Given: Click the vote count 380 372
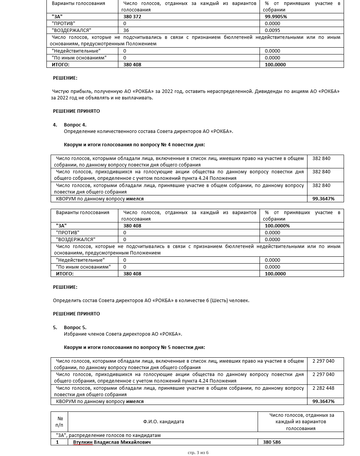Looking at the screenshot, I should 132,17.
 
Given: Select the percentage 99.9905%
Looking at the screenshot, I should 276,17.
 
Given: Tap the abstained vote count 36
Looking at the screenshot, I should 126,30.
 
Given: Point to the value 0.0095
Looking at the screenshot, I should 272,30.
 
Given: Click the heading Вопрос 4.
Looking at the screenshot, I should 75,125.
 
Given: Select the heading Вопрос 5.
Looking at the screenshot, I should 75,328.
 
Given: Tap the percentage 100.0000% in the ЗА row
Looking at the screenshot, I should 277,226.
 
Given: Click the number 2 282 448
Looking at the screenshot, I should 323,388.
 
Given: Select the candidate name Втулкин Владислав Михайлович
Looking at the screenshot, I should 112,442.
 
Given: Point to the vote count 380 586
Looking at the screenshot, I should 272,442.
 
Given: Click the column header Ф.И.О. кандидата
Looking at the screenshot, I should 164,422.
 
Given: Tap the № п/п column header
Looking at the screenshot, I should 59,422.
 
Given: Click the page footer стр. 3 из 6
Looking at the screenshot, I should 198,453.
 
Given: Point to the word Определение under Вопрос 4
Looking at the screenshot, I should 78,131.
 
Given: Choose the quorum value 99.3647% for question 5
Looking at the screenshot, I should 323,402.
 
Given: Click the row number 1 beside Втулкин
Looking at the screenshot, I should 57,442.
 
